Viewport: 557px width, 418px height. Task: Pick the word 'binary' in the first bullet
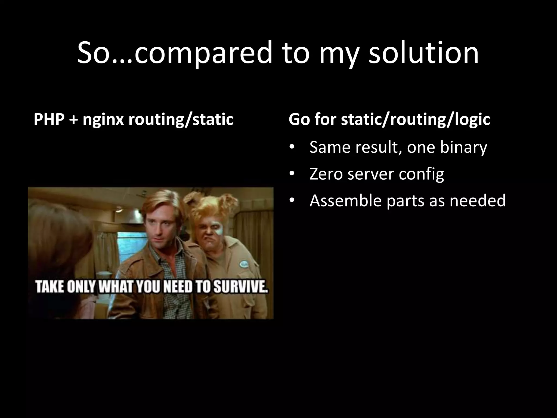tap(463, 147)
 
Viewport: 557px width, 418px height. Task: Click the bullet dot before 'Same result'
tap(292, 147)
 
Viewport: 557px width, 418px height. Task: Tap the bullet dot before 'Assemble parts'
tap(292, 201)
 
